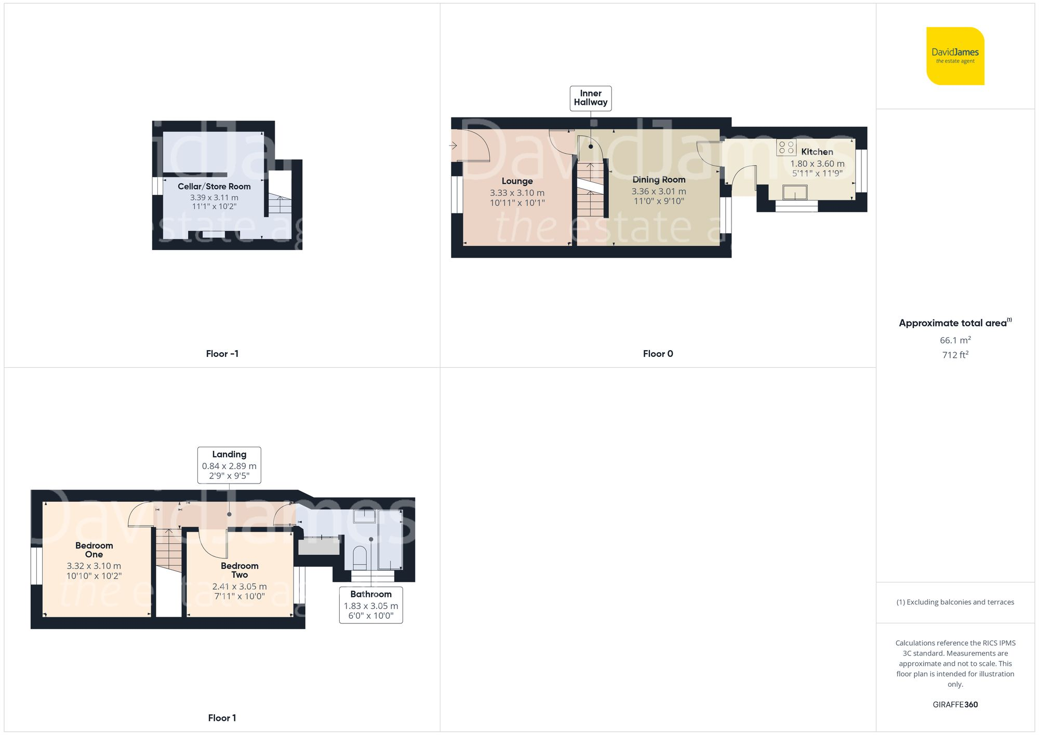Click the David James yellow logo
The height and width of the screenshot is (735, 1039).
(955, 56)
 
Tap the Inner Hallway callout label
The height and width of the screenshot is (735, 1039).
(591, 98)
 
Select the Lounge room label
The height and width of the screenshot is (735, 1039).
(517, 181)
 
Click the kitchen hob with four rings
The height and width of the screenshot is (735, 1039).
(786, 148)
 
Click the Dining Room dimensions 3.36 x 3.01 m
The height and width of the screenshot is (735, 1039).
(659, 191)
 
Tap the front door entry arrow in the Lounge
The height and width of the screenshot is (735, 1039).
(453, 146)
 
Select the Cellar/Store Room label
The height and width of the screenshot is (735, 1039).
(214, 186)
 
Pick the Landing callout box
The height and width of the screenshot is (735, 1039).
(229, 465)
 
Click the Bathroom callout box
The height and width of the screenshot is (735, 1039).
(371, 605)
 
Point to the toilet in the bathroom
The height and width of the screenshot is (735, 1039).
(360, 557)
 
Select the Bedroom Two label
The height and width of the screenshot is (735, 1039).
(239, 570)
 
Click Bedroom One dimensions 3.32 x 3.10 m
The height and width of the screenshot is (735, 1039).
(94, 566)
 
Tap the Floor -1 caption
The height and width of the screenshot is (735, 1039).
(222, 354)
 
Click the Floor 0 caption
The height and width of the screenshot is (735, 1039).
(658, 354)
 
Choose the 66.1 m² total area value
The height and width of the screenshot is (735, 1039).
(955, 340)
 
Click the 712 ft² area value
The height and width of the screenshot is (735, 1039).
(955, 355)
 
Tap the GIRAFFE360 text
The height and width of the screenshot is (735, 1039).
(955, 704)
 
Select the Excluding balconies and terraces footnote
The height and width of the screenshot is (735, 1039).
(955, 602)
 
